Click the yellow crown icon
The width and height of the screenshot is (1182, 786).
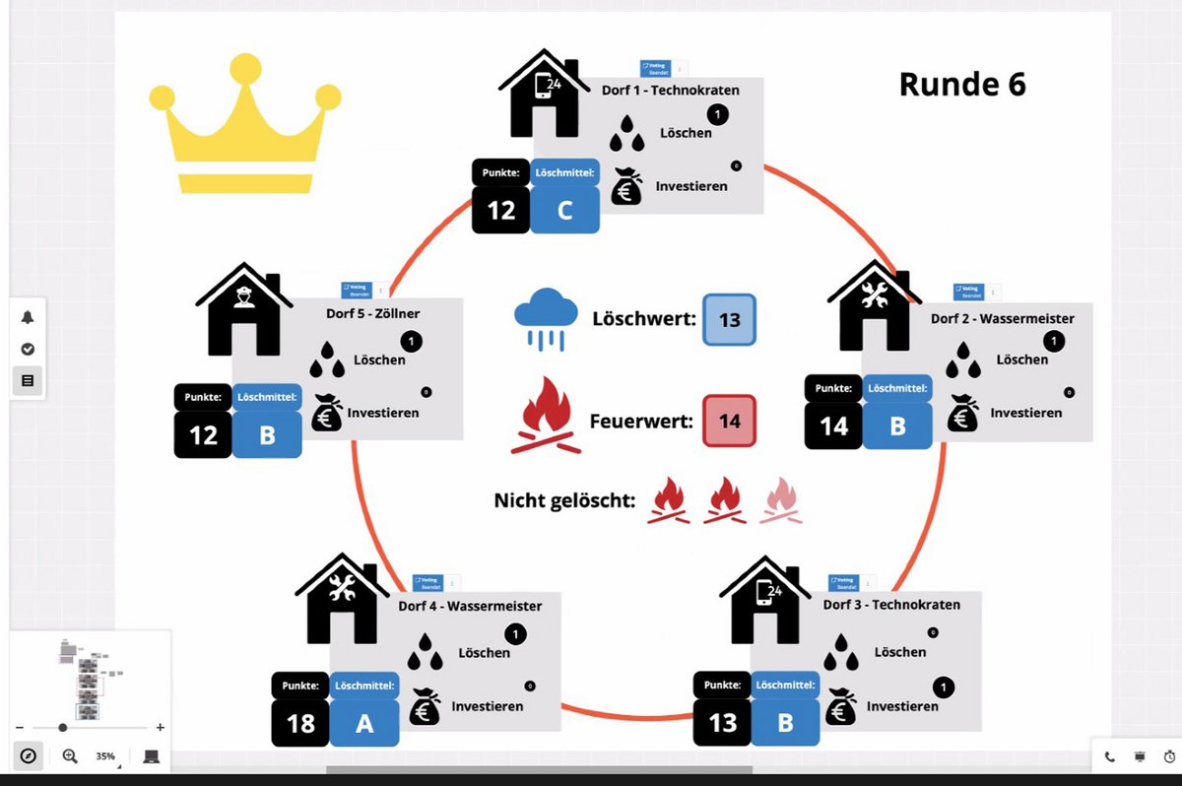[x=245, y=126]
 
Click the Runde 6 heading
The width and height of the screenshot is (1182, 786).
[x=962, y=85]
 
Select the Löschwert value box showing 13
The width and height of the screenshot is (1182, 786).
[x=729, y=320]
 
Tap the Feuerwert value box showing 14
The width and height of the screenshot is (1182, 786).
[x=729, y=422]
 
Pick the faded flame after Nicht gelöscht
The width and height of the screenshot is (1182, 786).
[x=781, y=499]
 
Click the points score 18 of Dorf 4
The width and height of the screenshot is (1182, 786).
[x=300, y=724]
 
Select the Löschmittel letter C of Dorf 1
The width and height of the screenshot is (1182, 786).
[x=564, y=210]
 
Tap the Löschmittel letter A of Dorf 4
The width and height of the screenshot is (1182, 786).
[x=364, y=724]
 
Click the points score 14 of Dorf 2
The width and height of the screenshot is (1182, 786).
[x=833, y=426]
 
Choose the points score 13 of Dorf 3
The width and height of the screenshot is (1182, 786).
[x=722, y=723]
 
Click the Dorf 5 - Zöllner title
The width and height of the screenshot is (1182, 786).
[x=373, y=313]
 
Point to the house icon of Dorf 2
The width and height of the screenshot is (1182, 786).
[x=874, y=306]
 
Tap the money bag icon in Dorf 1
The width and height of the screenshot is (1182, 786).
[x=626, y=186]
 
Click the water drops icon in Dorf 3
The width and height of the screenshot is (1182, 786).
[x=841, y=651]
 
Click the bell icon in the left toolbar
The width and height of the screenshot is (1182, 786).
[x=28, y=317]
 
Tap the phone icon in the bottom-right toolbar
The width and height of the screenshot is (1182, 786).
[x=1110, y=756]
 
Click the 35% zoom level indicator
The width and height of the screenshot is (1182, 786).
[x=104, y=756]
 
